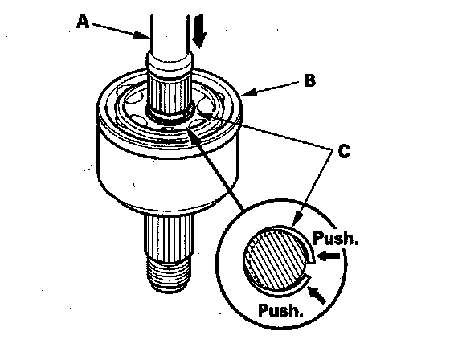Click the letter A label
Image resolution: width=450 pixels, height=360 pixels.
click(83, 22)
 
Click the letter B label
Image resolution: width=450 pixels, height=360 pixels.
click(309, 80)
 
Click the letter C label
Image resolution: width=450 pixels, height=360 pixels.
click(344, 151)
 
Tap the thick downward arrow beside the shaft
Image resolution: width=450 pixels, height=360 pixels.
click(199, 31)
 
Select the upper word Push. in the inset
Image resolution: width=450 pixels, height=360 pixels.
click(335, 238)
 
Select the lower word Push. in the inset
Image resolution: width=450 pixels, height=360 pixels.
click(280, 310)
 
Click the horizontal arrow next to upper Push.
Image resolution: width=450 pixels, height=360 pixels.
click(329, 256)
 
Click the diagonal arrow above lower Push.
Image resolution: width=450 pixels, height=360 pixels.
click(317, 294)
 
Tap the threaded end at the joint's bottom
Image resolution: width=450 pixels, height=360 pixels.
click(168, 276)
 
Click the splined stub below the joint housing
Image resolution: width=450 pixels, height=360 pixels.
click(169, 239)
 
